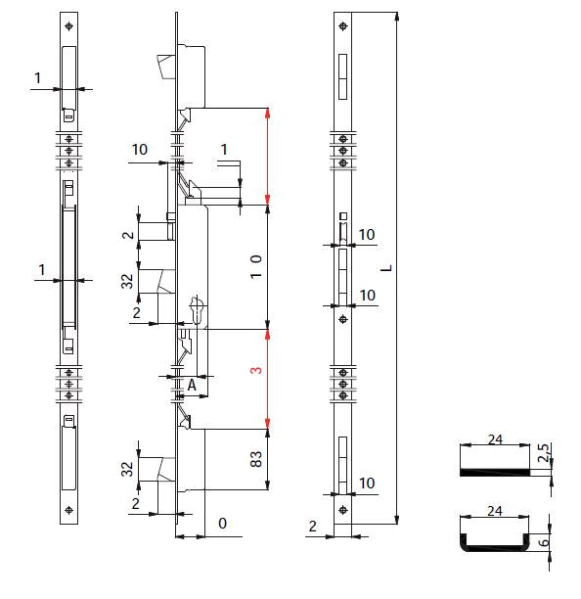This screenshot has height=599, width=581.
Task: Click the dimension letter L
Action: tap(386, 268)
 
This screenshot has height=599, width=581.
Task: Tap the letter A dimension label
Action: tap(192, 385)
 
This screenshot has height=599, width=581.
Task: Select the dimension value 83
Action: tap(256, 459)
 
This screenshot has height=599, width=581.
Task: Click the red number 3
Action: tap(256, 370)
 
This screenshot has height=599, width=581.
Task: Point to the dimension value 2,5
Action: tap(544, 452)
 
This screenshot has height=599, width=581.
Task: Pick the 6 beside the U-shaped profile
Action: tap(544, 541)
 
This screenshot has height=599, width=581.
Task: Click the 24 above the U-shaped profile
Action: tap(495, 511)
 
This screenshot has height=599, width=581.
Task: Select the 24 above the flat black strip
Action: tap(495, 439)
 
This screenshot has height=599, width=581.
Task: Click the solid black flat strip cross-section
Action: tap(495, 472)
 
